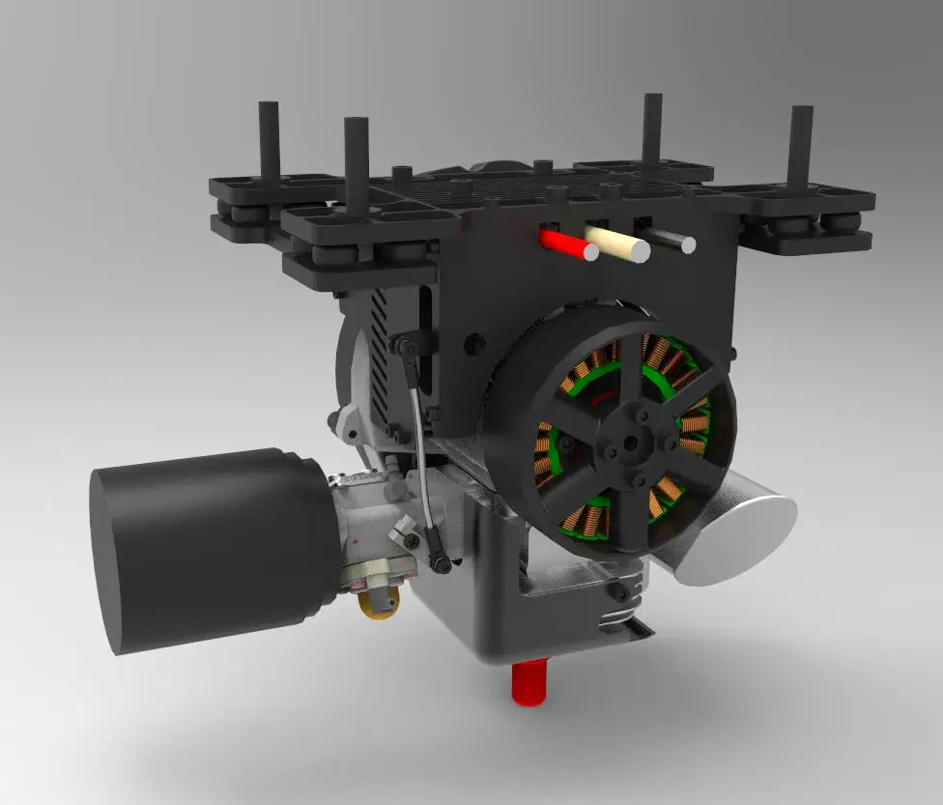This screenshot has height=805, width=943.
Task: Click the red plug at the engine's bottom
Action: tap(529, 681)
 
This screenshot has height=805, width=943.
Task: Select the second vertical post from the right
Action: tap(652, 130)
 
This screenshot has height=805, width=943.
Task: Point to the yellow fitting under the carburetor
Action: tap(379, 604)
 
